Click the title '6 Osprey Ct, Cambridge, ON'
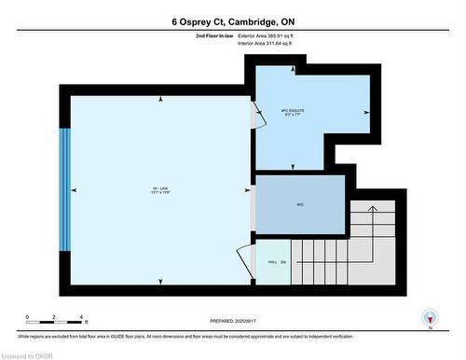click(x=232, y=21)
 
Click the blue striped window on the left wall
click(x=65, y=189)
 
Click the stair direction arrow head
click(x=371, y=208)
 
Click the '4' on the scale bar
click(x=82, y=318)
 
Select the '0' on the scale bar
click(x=28, y=318)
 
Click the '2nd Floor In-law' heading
click(x=214, y=35)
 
